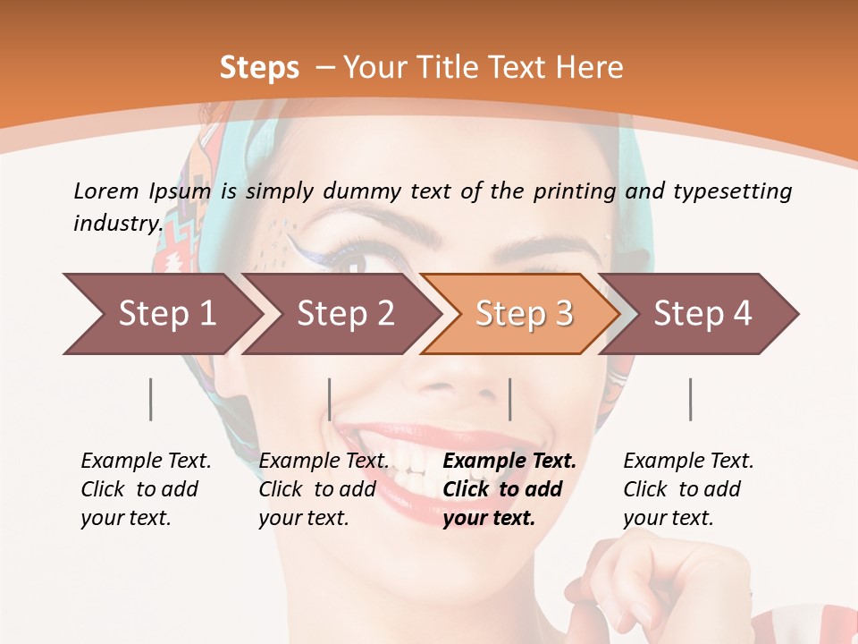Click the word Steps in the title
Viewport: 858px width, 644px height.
tap(259, 68)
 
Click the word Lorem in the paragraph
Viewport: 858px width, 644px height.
tap(105, 191)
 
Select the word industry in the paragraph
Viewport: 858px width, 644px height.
tap(117, 223)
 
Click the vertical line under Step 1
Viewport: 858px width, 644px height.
tap(151, 399)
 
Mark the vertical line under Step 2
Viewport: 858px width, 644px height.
tap(330, 399)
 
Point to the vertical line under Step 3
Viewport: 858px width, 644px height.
tap(509, 399)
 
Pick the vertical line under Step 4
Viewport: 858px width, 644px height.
tap(690, 399)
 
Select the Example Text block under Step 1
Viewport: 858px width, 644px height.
tap(146, 489)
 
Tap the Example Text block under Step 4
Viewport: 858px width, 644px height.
tap(688, 489)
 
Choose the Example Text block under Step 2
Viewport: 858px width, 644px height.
tap(324, 489)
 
